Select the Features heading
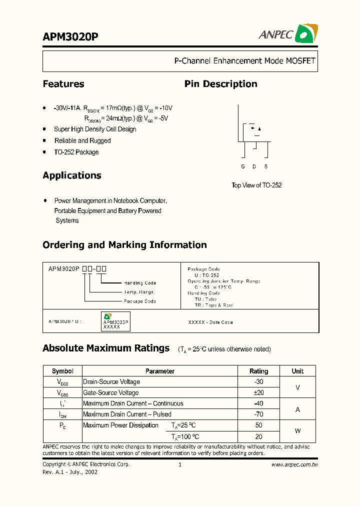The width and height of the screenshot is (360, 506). coord(63,84)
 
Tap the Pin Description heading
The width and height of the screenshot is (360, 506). coord(220,84)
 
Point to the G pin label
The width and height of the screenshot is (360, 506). coord(243,166)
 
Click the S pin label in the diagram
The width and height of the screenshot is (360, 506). coord(266,166)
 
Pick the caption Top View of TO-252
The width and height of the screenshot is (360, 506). coord(256,185)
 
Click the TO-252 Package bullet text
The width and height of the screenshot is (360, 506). coord(76,152)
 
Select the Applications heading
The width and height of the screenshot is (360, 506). coord(72,175)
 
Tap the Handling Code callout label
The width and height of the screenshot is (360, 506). coord(140,283)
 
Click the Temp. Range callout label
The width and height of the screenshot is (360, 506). coord(138,292)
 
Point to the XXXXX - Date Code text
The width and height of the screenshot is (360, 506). coord(210,322)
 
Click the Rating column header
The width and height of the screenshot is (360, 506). coord(258,371)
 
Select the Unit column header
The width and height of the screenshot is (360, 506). coord(297,371)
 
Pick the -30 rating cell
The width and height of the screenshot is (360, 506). coord(258,381)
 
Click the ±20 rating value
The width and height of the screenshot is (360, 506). coord(258,392)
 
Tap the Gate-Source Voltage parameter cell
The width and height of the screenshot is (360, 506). coord(111,392)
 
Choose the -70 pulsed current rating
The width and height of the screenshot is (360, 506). coord(258,414)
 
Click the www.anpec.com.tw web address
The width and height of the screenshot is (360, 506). coord(294,464)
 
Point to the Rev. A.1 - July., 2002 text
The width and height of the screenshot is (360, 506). coord(70,472)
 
